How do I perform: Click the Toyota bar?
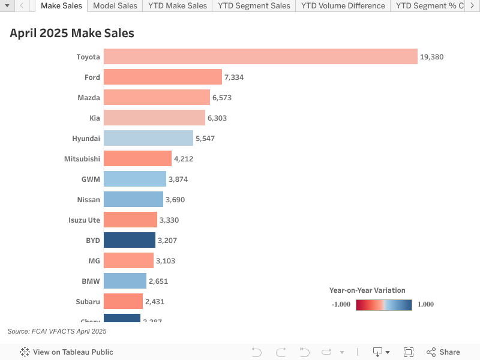tap(260, 56)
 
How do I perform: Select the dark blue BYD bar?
tap(130, 240)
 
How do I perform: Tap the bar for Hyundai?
tap(148, 138)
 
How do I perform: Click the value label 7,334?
tap(234, 77)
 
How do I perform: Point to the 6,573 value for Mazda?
tap(222, 98)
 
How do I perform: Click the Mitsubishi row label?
tap(82, 159)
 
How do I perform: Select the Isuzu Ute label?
tap(84, 220)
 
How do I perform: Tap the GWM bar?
tap(135, 179)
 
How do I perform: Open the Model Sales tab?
tap(115, 6)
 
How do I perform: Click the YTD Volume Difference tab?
tap(343, 6)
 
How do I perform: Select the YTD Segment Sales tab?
tap(254, 6)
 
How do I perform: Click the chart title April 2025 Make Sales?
tap(72, 34)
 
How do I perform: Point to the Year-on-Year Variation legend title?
tap(367, 290)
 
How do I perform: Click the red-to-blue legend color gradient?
tap(383, 304)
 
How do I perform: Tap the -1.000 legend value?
tap(341, 304)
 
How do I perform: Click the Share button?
tap(443, 352)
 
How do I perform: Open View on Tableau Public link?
tap(67, 352)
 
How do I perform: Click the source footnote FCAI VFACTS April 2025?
tap(57, 331)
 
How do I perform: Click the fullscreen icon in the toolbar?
tap(409, 352)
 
